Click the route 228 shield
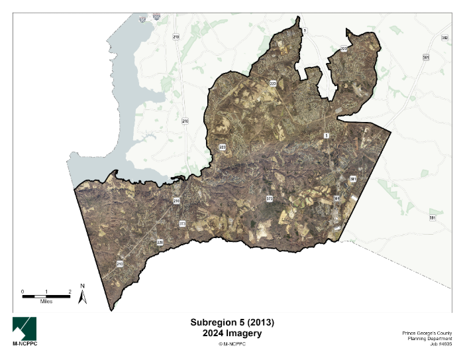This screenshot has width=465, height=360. point(160,243)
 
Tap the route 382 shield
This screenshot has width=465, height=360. point(445,38)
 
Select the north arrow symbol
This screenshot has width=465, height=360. point(83,298)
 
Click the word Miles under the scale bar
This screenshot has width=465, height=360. point(46,301)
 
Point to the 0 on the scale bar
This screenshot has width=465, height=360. point(23,291)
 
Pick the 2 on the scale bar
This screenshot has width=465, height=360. point(70,291)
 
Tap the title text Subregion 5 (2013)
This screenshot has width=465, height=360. point(232,322)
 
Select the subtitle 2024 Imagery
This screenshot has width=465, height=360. point(232,333)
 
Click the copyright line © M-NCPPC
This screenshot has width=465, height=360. point(232,343)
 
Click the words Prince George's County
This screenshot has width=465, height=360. point(427,331)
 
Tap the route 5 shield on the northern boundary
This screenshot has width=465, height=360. point(305,30)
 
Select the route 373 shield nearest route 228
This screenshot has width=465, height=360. point(182,224)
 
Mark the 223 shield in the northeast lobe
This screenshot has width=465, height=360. point(344,48)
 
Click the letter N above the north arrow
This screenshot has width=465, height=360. point(83,286)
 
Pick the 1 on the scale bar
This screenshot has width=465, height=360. point(46,291)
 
